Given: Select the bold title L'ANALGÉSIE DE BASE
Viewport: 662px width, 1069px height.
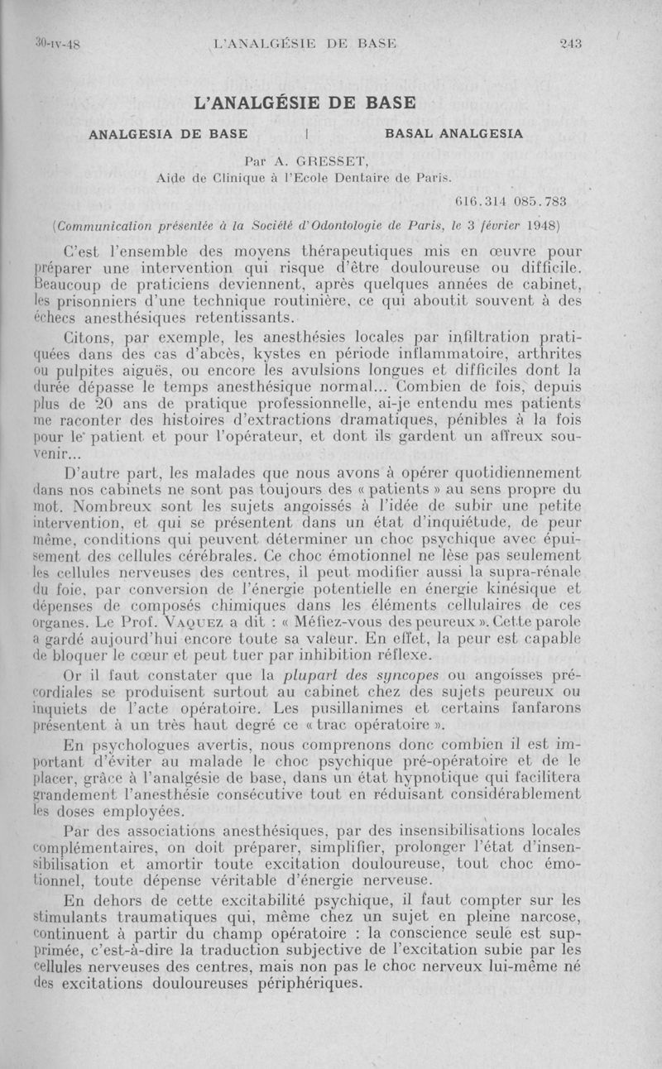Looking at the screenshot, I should pos(303,103).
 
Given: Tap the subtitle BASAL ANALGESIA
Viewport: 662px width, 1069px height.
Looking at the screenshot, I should pos(454,132).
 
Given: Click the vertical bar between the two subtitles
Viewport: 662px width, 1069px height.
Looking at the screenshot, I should pos(307,132).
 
